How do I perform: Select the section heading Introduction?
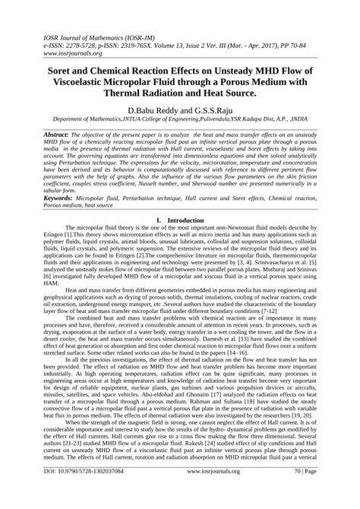189,220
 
